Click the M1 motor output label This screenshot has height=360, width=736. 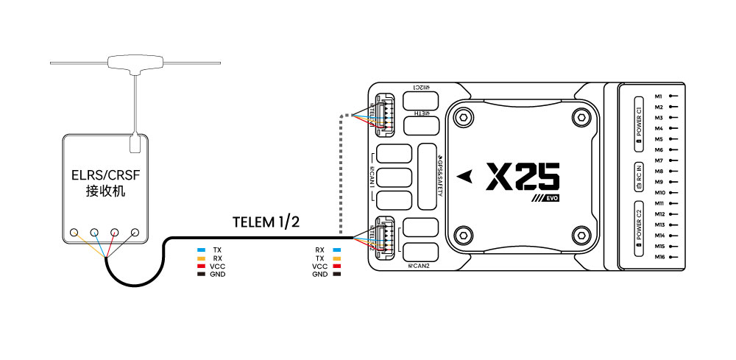coord(659,96)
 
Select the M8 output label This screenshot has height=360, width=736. coord(659,171)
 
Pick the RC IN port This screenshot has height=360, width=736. coord(639,177)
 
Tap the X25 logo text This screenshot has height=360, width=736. coord(523,177)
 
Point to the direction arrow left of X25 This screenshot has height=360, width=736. coord(464,177)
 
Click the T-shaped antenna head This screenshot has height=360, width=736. coord(135,63)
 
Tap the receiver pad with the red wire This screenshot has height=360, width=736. coord(115,233)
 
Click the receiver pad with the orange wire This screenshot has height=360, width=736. coord(74,233)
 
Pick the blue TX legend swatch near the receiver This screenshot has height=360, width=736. coord(201,250)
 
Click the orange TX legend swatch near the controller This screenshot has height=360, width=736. coord(336,258)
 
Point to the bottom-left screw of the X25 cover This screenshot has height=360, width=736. coord(462,236)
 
